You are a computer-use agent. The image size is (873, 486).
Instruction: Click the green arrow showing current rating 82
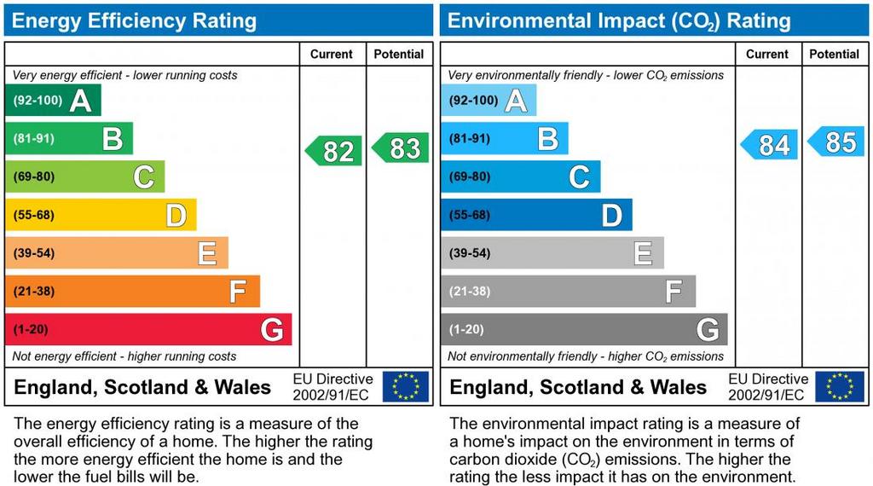(334, 151)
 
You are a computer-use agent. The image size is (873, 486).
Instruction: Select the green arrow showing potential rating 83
(401, 148)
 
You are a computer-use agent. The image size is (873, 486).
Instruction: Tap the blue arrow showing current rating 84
(770, 145)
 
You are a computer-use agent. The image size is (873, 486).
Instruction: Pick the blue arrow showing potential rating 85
(836, 142)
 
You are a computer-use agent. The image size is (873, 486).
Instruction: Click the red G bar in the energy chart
(148, 330)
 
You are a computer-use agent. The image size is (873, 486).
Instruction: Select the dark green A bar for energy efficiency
(53, 101)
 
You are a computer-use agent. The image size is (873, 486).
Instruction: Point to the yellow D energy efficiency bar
(101, 215)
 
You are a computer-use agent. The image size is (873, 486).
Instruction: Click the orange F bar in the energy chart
(132, 292)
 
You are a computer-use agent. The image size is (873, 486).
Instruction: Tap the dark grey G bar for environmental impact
(584, 330)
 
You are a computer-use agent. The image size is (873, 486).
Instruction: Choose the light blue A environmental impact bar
(489, 101)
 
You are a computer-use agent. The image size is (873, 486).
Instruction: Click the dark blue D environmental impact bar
(536, 215)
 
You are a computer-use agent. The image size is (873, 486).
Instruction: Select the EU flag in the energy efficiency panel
(406, 386)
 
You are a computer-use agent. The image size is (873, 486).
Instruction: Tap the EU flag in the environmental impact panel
(840, 386)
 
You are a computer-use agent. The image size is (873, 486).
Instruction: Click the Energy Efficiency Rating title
(134, 21)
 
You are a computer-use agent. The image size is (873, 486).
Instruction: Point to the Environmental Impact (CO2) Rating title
(620, 21)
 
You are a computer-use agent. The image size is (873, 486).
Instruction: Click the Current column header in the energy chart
(332, 55)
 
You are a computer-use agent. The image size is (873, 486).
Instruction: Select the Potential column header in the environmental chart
(834, 55)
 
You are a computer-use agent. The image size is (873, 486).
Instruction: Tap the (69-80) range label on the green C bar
(34, 176)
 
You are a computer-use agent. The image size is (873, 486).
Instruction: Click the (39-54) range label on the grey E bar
(470, 253)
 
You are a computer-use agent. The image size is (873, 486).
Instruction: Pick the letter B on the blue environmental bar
(548, 139)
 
